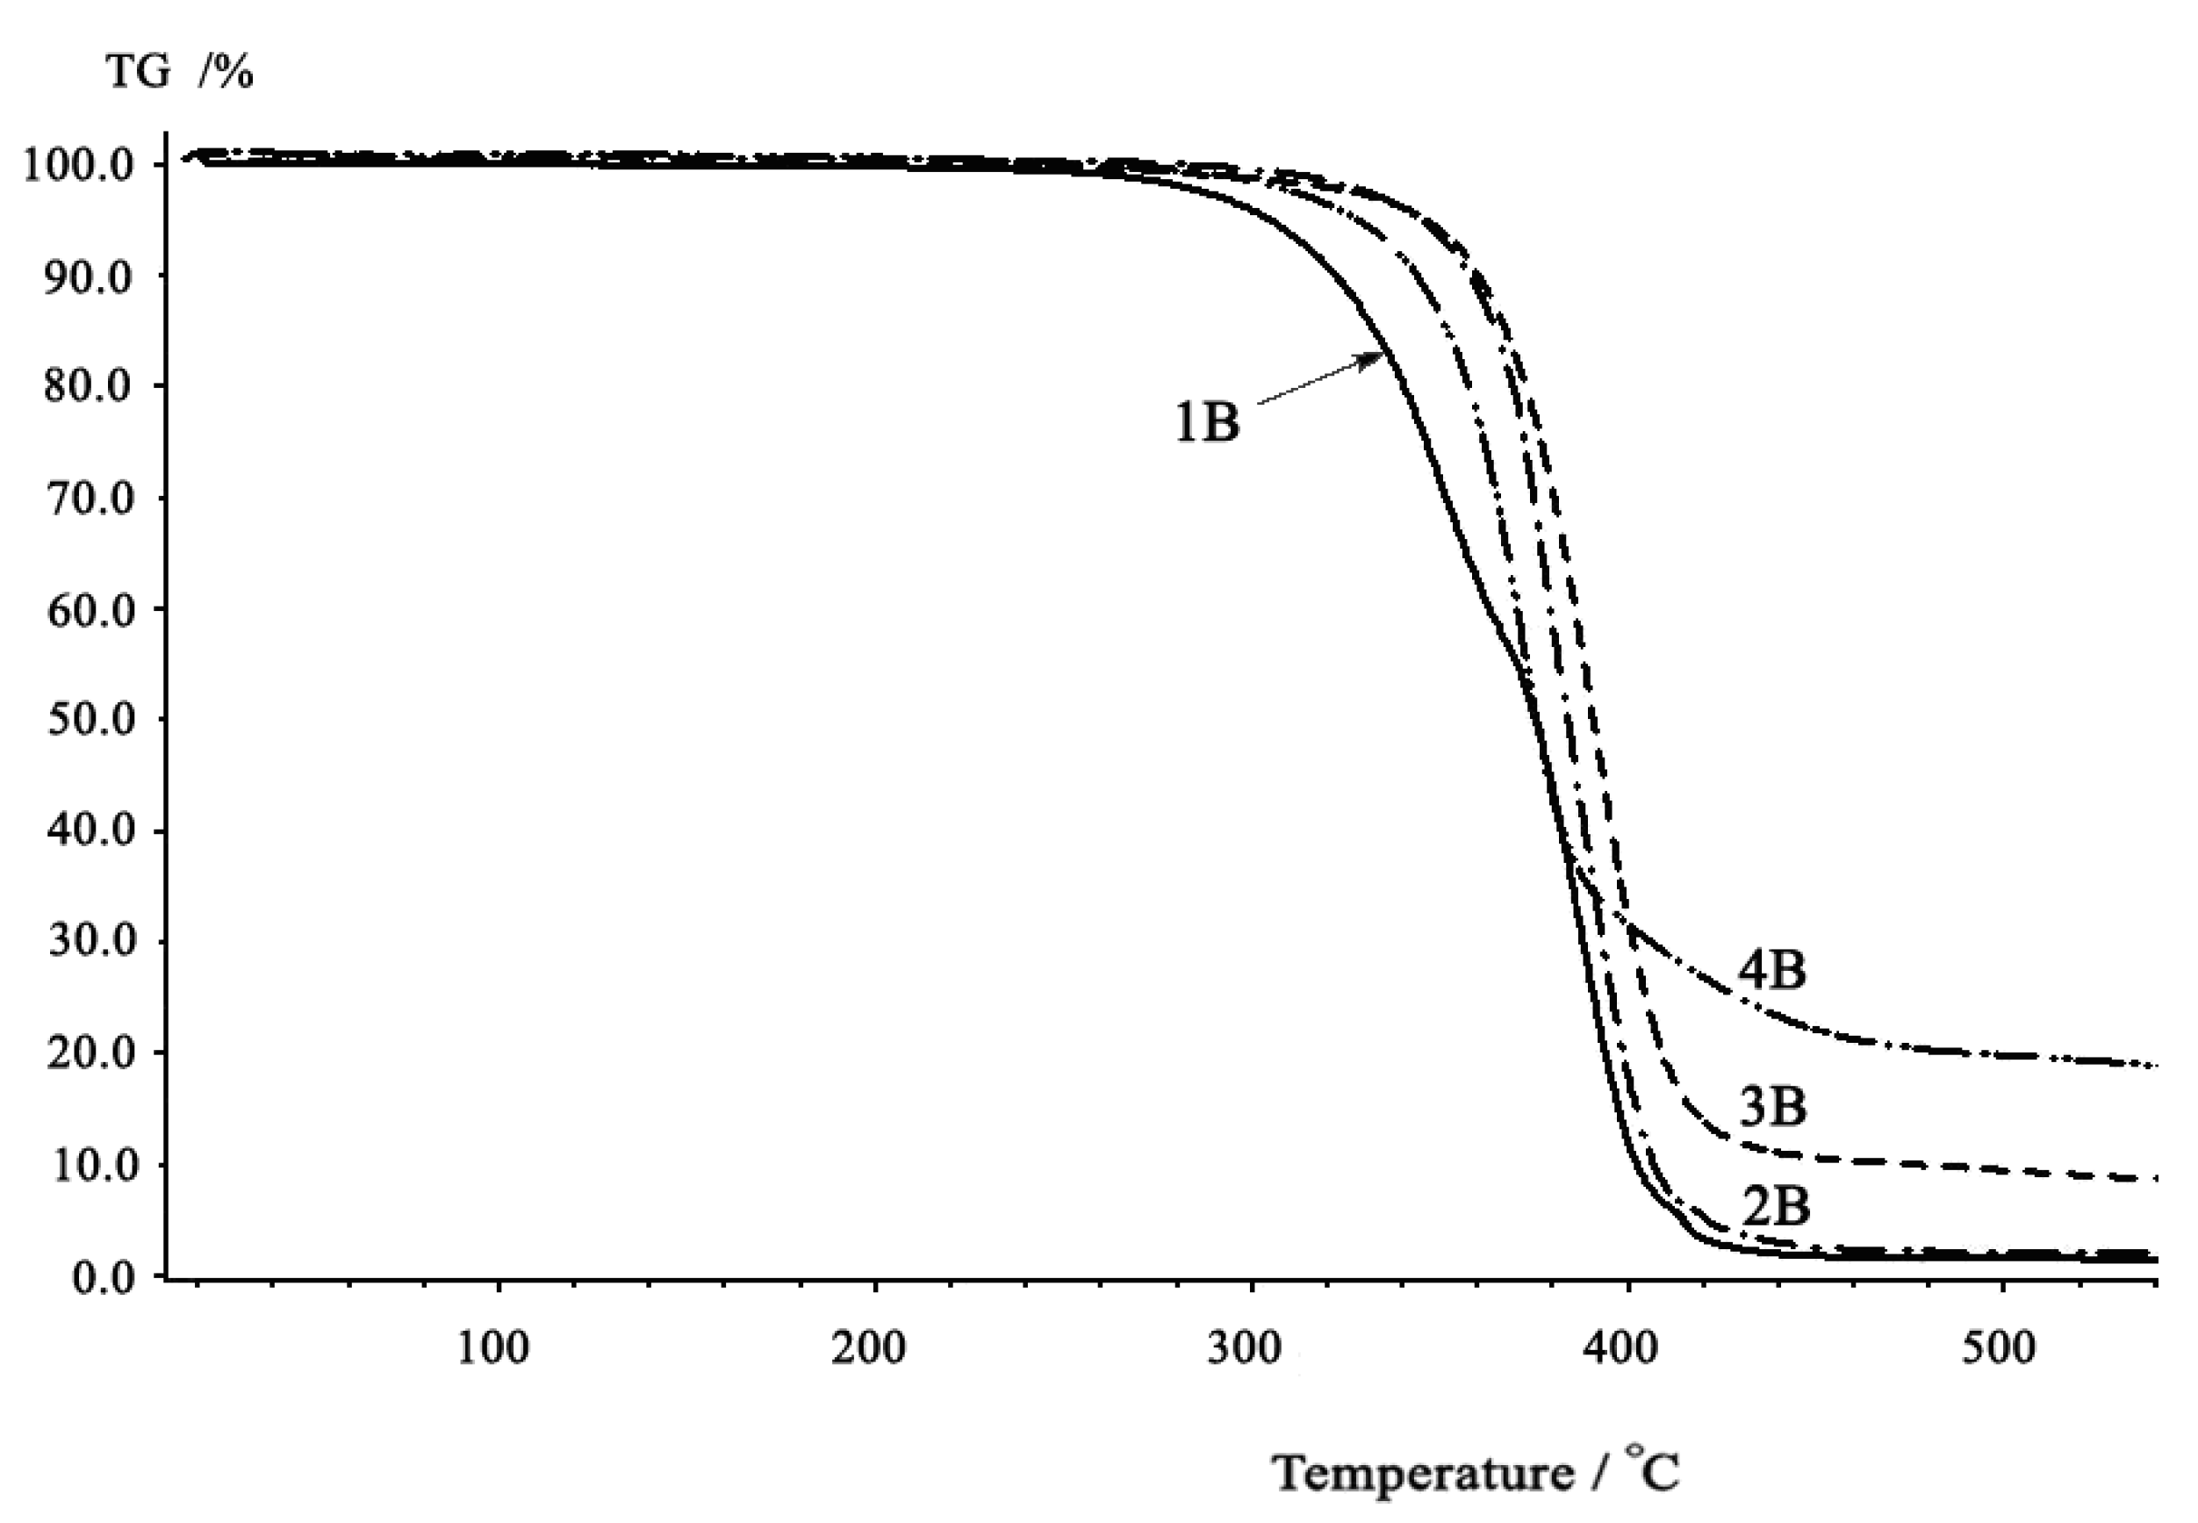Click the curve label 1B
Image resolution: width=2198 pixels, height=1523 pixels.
(1207, 420)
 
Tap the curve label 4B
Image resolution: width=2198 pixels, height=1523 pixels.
(1771, 969)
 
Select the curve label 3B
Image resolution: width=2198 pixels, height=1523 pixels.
(1772, 1106)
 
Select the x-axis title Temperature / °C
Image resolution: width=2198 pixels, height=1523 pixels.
(1476, 1472)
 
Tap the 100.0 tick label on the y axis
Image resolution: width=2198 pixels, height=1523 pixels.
(78, 165)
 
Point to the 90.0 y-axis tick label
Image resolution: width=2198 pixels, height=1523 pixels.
(89, 277)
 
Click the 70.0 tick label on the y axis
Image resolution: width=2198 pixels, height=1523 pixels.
(89, 498)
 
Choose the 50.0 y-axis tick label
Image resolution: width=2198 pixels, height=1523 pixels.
(89, 720)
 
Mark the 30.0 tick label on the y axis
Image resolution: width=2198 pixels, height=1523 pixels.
(89, 942)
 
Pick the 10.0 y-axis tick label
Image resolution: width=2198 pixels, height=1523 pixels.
(89, 1164)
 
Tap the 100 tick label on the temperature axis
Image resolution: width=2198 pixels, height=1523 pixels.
(492, 1348)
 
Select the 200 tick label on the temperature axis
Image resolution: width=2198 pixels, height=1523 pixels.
(868, 1348)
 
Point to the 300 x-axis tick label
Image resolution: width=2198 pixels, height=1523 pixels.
(1244, 1348)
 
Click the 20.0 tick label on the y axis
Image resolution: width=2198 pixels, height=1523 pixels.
(89, 1053)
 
